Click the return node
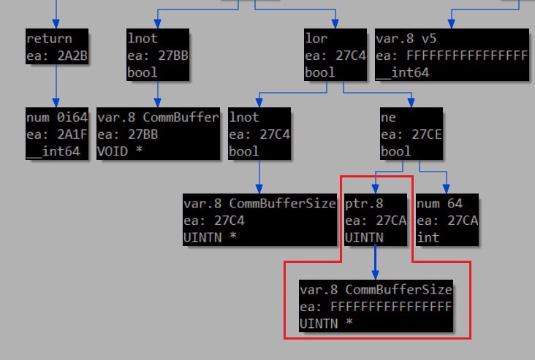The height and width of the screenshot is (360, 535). pos(58,47)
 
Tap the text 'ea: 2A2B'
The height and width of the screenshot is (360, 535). pos(58,55)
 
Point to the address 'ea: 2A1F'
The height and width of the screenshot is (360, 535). pos(57,134)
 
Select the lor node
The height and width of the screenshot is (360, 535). pos(335,55)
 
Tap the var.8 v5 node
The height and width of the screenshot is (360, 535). pos(451,55)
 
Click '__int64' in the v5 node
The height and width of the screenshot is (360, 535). pos(403,72)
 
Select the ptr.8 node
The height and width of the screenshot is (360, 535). pos(374,221)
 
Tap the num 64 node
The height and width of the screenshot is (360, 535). pos(447,221)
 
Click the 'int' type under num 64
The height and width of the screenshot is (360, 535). pos(428,237)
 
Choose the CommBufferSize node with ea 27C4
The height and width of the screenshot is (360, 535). pos(259,221)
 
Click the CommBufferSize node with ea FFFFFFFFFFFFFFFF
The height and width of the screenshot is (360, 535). pos(376,306)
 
